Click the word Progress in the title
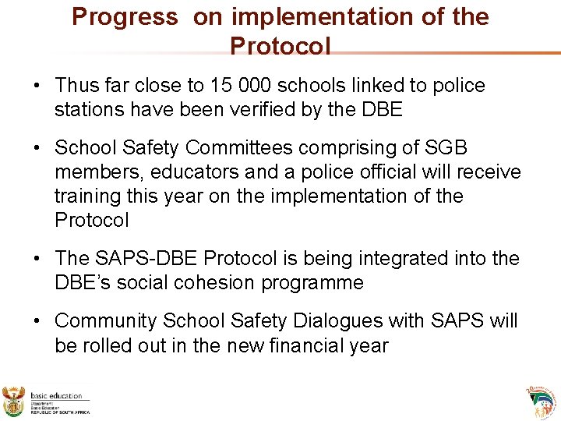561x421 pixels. point(125,17)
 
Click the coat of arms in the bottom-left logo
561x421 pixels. point(14,401)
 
